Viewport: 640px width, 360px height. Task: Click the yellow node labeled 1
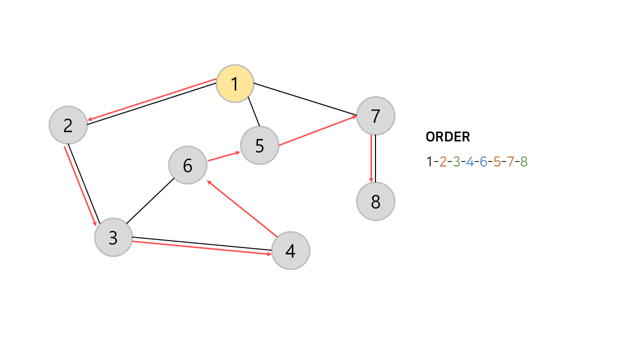235,83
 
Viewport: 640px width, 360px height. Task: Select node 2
68,125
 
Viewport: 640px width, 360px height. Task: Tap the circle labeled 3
113,237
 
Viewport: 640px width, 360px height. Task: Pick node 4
290,250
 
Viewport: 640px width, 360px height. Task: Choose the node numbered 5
259,145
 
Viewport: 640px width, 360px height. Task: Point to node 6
187,165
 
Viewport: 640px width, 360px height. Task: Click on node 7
375,116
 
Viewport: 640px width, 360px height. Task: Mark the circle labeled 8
375,201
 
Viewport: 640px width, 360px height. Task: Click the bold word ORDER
447,137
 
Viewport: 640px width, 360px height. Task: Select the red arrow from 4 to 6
242,209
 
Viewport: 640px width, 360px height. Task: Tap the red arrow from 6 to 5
223,156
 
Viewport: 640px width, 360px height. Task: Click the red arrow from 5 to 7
317,131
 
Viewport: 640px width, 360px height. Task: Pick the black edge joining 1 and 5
253,110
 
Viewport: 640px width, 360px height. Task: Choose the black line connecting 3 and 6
149,201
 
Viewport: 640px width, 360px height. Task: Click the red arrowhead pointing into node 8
371,179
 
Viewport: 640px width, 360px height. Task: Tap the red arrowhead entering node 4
269,254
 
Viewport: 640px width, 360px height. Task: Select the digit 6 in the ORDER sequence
483,161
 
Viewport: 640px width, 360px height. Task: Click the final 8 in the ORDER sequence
523,161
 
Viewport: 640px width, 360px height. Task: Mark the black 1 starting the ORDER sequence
429,161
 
